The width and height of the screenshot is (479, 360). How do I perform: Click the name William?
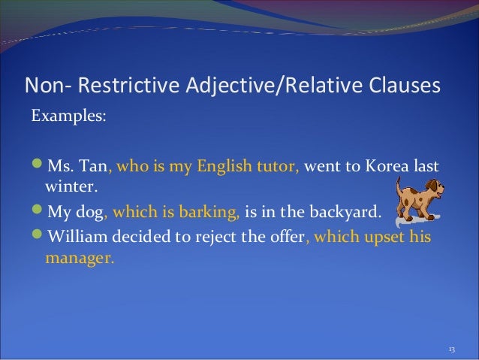click(80, 238)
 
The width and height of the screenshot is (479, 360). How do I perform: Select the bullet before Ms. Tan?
click(36, 165)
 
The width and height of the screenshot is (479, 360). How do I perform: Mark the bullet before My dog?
click(36, 211)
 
